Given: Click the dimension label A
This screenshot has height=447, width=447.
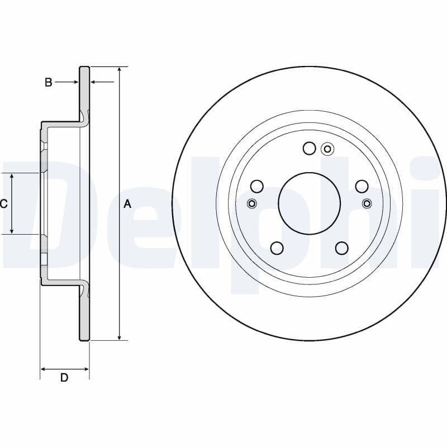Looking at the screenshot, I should tap(127, 205).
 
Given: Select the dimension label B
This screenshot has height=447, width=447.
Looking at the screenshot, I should tap(49, 83).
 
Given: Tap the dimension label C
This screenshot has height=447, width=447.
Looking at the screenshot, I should tap(4, 204).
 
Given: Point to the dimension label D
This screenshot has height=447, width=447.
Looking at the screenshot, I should tap(64, 378).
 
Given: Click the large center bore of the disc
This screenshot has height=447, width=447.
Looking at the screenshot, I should tap(309, 203).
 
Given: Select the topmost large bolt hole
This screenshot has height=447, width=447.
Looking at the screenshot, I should tap(310, 148).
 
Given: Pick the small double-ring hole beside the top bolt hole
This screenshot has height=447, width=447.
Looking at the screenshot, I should tap(327, 149).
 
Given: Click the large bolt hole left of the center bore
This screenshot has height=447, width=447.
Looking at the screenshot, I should tap(257, 186).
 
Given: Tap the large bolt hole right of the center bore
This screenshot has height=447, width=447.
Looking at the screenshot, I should tap(362, 186).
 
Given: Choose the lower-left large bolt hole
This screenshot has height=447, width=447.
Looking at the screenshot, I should tap(277, 248).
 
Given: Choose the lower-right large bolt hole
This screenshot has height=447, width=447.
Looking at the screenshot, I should tap(342, 248).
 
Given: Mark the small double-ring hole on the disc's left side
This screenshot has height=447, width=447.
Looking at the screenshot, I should tap(252, 203).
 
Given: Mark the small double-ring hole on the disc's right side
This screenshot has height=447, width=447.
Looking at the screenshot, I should tap(367, 203).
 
